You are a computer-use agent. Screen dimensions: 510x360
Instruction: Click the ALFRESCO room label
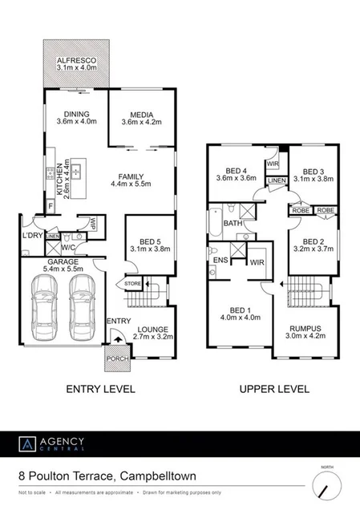point(77,61)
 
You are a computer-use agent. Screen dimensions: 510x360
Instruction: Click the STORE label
point(131,282)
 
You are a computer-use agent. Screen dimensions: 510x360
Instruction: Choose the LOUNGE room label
point(152,329)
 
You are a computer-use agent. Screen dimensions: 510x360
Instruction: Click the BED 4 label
point(235,170)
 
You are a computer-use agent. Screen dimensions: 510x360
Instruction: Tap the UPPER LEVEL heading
point(274,390)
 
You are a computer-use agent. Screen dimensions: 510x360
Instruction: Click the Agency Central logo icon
point(26,443)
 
